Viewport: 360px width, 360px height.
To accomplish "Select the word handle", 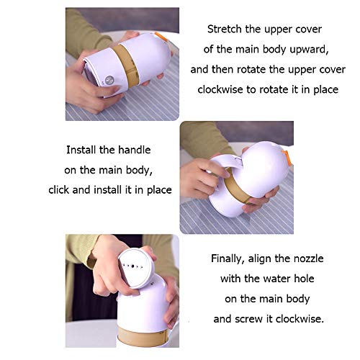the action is click(x=135, y=150).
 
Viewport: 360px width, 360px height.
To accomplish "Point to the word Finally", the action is click(x=228, y=259).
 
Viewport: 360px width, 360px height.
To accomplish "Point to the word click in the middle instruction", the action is click(x=59, y=190).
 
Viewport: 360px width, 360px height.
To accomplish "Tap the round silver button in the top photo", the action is click(x=109, y=81).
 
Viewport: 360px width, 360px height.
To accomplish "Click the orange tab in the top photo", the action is click(x=161, y=36).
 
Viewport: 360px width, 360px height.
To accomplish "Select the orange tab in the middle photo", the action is click(x=288, y=158).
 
